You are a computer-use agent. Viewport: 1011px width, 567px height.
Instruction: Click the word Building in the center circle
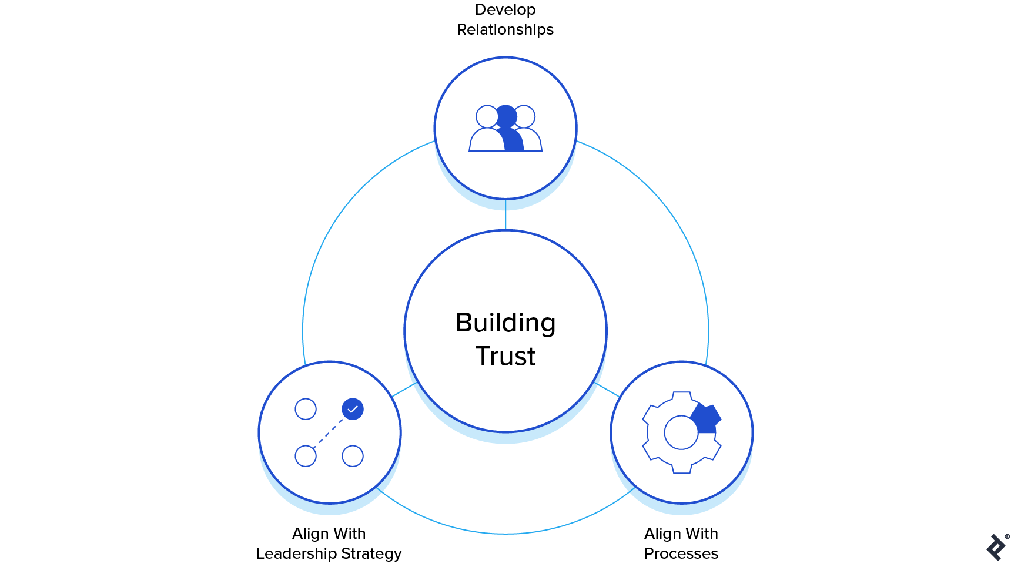(x=505, y=323)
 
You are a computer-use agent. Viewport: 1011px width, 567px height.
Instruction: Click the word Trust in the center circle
(x=505, y=356)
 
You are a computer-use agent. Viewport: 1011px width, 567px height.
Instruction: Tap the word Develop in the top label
(x=505, y=9)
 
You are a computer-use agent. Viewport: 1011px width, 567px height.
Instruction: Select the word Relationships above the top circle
(x=505, y=29)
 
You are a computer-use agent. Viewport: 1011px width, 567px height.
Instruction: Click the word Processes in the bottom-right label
(x=681, y=553)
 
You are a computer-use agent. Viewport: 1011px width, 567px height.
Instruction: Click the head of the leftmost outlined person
(x=487, y=116)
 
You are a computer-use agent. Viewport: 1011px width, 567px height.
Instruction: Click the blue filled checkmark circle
(x=353, y=409)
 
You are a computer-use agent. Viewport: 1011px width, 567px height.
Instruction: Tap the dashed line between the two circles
(x=329, y=433)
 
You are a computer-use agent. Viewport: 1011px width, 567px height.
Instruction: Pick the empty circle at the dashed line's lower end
(x=306, y=456)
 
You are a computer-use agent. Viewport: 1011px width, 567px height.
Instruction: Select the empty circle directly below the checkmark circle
(x=353, y=456)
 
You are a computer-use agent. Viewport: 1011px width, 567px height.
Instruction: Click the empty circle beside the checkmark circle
(x=306, y=409)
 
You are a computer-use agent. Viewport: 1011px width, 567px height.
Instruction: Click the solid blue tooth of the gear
(x=707, y=418)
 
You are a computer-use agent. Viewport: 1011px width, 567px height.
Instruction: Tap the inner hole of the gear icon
(x=681, y=432)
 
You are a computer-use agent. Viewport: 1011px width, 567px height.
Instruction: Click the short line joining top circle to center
(x=505, y=214)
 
